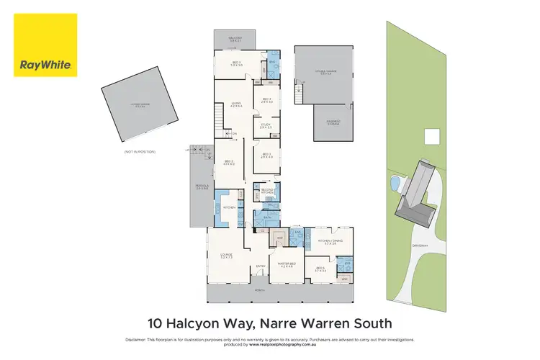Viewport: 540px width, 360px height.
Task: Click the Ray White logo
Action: click(45, 45)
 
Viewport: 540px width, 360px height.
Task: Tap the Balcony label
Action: click(235, 39)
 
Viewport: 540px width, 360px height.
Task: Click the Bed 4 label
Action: click(266, 100)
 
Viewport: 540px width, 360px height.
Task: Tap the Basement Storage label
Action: click(333, 122)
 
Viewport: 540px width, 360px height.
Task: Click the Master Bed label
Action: click(287, 264)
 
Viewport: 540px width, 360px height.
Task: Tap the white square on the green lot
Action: click(432, 137)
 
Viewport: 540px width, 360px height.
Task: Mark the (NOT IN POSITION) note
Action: click(140, 151)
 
